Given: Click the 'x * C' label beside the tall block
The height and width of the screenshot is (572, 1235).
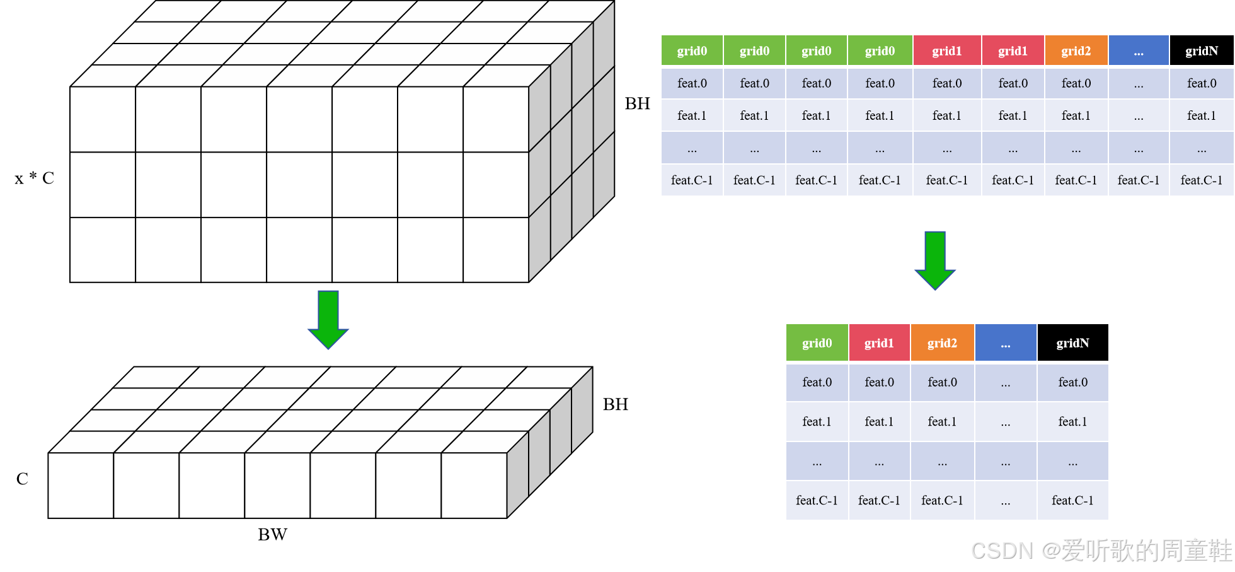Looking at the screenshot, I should click(34, 178).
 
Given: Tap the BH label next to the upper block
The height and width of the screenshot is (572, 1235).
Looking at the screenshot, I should click(637, 104).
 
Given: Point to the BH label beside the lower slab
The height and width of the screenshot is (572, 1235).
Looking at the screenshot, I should click(615, 404).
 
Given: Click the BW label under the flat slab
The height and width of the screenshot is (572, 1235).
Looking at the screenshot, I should click(272, 535).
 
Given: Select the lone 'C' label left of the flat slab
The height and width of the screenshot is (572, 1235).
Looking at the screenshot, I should click(22, 479).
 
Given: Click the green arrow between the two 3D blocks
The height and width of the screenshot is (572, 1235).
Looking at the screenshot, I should click(328, 319).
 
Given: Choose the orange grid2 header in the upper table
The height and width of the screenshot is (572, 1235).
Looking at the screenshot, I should click(1076, 51).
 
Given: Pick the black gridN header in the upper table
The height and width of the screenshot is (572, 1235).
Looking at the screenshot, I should click(1201, 51).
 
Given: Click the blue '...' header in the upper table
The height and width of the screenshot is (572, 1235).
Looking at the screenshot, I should click(1139, 51).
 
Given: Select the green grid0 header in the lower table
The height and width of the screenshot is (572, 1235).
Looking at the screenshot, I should click(817, 343).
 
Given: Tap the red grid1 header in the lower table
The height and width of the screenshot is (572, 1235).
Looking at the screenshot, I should click(879, 343).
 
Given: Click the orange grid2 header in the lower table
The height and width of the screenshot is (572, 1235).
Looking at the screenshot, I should click(942, 343).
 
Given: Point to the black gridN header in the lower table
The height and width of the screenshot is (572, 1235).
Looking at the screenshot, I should click(1072, 343).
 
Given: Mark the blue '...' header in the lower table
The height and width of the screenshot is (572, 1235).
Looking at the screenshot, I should click(1006, 343).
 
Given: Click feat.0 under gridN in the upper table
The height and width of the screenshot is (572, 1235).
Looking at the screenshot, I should click(1201, 83).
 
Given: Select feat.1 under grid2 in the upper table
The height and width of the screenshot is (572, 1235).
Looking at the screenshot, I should click(1076, 115).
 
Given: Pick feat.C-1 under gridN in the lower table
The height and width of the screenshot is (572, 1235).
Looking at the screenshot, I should click(1072, 501).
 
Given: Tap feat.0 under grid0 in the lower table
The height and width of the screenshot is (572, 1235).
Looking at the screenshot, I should click(817, 382).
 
